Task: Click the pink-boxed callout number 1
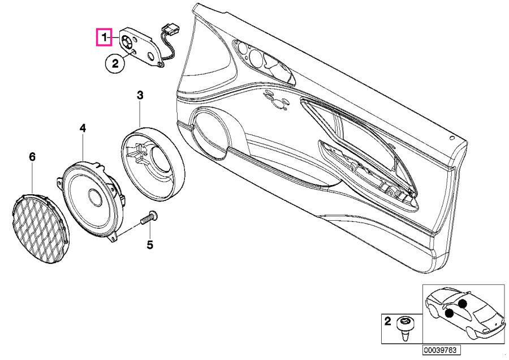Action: (104, 38)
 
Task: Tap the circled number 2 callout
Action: (114, 64)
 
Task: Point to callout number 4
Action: (83, 129)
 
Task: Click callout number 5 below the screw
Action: (150, 245)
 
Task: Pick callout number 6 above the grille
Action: (32, 156)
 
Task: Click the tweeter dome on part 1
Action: (126, 41)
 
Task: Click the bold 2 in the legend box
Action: (387, 322)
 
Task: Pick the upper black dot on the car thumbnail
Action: (463, 303)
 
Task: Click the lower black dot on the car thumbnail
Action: (449, 313)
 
